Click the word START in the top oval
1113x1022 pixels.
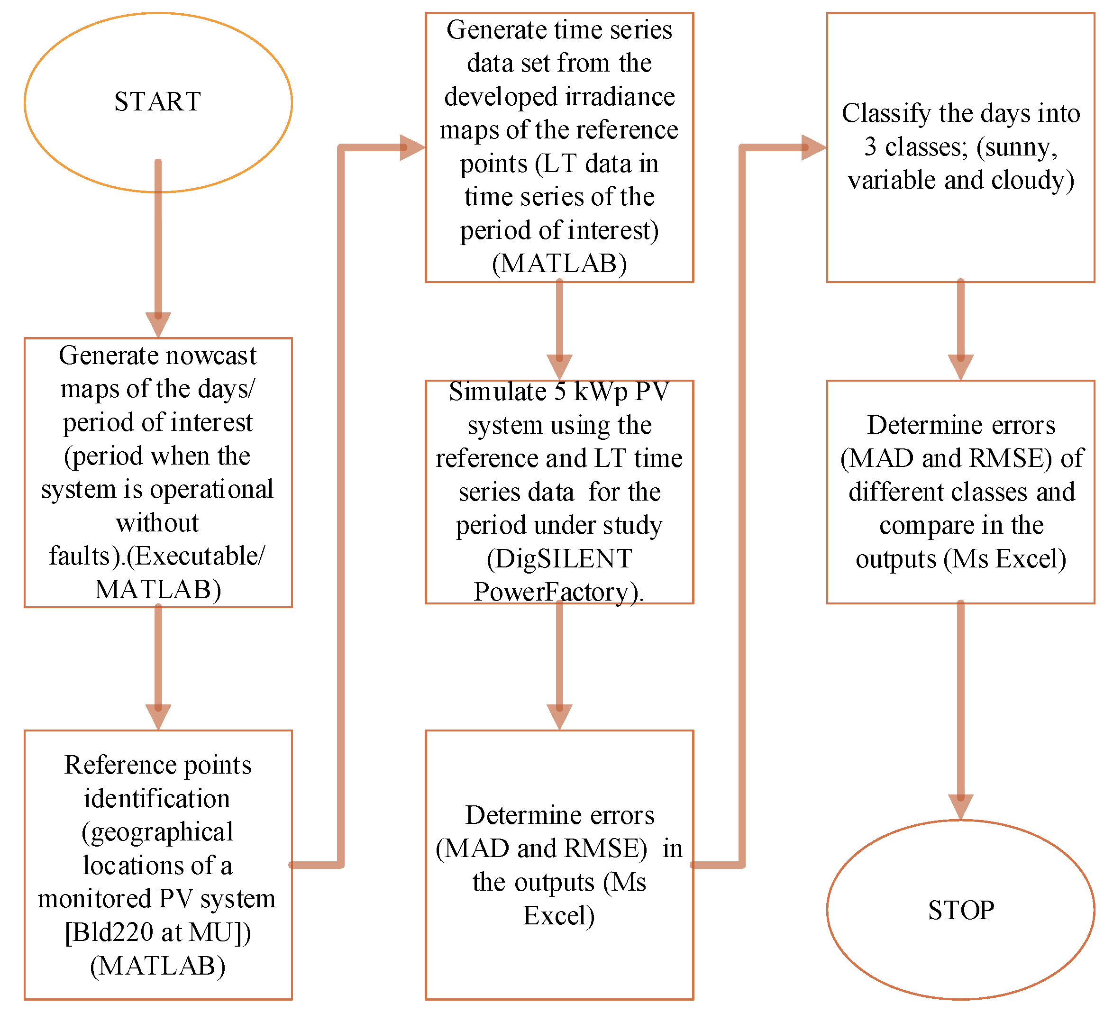pyautogui.click(x=157, y=102)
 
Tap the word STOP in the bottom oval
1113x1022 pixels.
pyautogui.click(x=961, y=910)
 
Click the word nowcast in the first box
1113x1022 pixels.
pyautogui.click(x=213, y=356)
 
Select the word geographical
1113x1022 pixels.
pyautogui.click(x=157, y=832)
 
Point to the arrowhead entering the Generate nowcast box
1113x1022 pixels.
pyautogui.click(x=158, y=324)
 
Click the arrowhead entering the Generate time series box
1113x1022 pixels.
pyautogui.click(x=412, y=147)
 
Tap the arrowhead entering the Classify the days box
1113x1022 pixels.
pyautogui.click(x=813, y=147)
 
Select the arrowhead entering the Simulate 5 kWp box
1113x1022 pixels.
pyautogui.click(x=559, y=367)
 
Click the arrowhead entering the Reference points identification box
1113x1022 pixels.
pyautogui.click(x=158, y=716)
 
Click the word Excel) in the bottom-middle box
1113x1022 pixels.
pyautogui.click(x=559, y=915)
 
